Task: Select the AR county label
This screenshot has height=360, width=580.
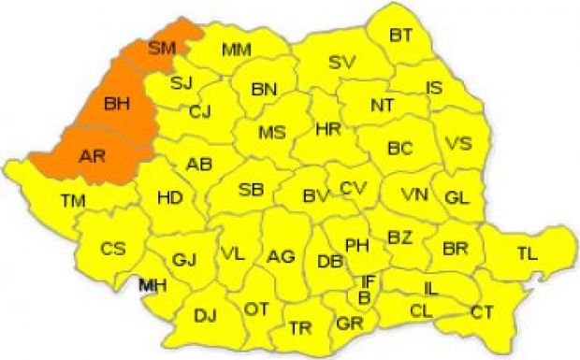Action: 91,156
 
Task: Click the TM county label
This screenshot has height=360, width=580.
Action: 72,200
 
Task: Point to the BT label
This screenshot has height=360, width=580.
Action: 400,36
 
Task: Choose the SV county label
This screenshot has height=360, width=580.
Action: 342,63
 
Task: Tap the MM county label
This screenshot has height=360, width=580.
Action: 236,49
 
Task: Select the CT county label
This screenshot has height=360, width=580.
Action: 482,311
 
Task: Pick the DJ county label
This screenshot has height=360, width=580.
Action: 205,315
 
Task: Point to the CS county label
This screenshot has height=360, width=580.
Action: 113,249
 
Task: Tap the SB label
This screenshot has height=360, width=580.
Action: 251,190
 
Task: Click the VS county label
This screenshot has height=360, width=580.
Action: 457,144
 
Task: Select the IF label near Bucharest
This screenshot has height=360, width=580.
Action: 369,281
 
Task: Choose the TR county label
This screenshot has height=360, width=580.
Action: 300,327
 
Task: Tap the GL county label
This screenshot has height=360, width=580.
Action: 457,198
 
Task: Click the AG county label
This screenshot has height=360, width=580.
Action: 281,255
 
